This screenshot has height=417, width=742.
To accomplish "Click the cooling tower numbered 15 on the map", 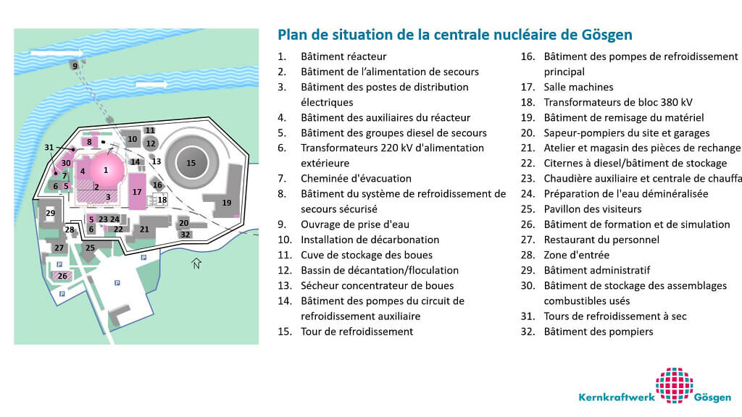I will click(191, 163).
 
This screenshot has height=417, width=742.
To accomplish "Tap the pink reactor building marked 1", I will click(106, 170).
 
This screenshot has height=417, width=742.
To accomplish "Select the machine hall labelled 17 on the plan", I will click(137, 192).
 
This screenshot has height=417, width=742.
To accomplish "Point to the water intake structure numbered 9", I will click(74, 66).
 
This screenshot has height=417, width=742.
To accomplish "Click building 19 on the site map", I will click(227, 202).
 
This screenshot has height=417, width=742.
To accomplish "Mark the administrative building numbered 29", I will click(50, 214).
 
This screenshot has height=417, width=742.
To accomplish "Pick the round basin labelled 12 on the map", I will click(150, 143).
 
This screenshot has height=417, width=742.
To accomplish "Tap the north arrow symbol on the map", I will click(195, 263).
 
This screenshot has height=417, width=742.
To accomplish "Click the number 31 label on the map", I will click(49, 148).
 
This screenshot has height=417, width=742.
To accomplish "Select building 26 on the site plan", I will click(62, 276).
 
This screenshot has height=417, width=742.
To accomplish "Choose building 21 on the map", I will click(144, 229).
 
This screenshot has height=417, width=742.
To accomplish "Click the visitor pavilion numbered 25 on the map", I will click(90, 248).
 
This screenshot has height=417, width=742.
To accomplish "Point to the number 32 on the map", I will click(185, 234).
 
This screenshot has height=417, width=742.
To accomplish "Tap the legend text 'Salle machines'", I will click(578, 87).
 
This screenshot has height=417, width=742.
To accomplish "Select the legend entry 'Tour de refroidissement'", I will click(357, 332).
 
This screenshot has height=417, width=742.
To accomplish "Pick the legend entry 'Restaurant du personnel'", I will click(601, 240).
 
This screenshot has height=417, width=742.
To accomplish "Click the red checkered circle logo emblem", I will click(674, 386).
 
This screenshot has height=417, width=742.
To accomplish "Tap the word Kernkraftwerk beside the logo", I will click(614, 397).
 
